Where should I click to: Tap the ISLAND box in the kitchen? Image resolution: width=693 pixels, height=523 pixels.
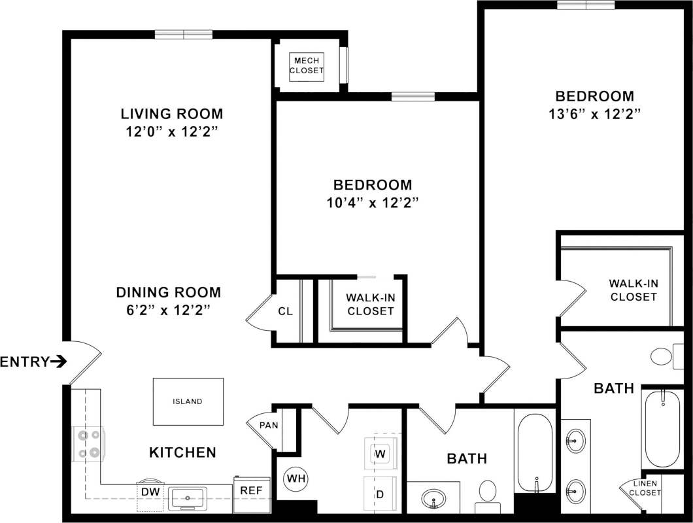pos(188,401)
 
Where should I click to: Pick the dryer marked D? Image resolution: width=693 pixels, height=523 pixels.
pos(380,494)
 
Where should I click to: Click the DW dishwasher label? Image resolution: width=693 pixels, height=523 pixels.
pos(150,491)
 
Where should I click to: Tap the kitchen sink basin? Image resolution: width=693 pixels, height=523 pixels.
pos(188,498)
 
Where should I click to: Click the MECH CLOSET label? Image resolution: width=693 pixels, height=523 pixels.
pos(307,66)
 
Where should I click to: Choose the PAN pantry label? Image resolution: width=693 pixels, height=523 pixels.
pos(269,426)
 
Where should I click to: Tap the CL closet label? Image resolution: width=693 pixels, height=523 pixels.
pos(285,311)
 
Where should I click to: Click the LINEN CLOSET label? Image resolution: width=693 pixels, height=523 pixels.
pos(645,488)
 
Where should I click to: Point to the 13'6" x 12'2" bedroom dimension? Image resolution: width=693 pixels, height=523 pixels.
pos(594,114)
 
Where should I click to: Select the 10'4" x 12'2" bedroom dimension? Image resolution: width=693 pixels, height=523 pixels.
pos(373,202)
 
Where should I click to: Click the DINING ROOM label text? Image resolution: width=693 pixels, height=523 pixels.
pos(168,292)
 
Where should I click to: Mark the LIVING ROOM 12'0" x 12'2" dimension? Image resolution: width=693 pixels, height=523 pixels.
pos(171,131)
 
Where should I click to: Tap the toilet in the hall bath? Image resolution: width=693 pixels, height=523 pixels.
pos(488,495)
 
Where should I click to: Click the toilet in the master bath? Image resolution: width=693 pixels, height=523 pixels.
pos(663,357)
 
